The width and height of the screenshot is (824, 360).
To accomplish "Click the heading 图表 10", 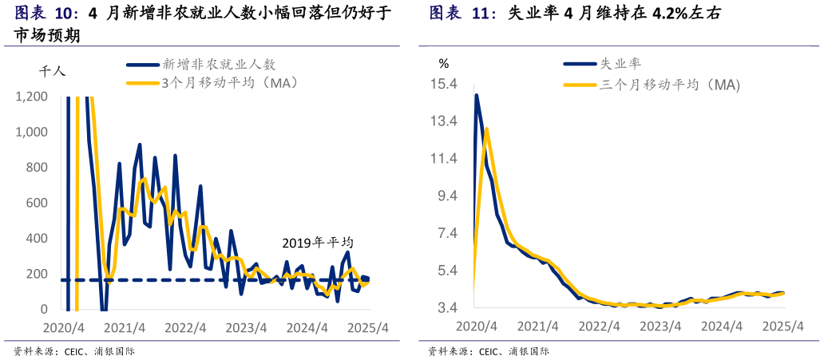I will (47, 14).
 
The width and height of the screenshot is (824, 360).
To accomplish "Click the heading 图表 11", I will (462, 14).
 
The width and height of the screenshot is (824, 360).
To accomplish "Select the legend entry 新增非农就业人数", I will (219, 65).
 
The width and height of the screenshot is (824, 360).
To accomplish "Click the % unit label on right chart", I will (444, 63).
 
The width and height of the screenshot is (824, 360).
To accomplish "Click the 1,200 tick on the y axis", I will (32, 97).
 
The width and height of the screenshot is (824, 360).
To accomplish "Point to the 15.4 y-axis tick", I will (443, 85).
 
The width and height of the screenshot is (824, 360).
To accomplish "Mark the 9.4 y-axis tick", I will (446, 196).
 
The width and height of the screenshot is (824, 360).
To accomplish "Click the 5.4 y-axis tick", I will (446, 271).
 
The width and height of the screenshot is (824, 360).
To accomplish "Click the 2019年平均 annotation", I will (317, 243).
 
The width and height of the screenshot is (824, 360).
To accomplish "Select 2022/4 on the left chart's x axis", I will (185, 327).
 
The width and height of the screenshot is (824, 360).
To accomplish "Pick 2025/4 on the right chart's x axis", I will (782, 326).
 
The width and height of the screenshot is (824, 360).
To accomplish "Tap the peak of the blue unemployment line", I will (477, 96).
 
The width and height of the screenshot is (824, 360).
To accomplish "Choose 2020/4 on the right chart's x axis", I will (476, 326).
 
